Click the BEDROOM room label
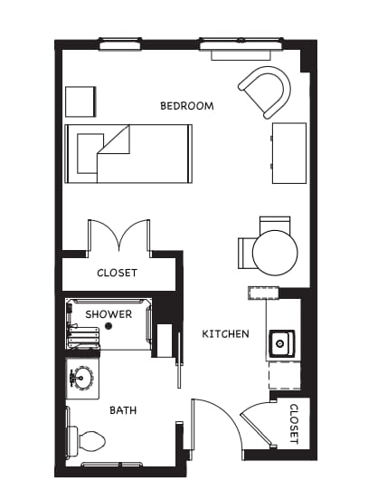(x=187, y=106)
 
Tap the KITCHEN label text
(x=225, y=334)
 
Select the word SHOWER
(x=109, y=314)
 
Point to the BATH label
(x=123, y=410)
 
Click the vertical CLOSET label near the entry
(x=294, y=424)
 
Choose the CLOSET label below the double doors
(x=118, y=273)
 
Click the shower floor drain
(x=109, y=325)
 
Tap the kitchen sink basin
(x=281, y=344)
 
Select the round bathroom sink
(x=81, y=378)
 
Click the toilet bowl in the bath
(x=91, y=441)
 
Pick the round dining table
(x=275, y=253)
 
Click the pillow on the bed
(x=90, y=154)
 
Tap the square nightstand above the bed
(x=80, y=101)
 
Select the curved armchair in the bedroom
(x=266, y=91)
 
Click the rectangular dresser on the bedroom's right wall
(x=289, y=153)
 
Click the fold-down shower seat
(x=83, y=338)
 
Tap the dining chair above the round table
(x=275, y=224)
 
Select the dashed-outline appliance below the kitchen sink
(x=285, y=375)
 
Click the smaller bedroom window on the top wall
(x=120, y=44)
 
